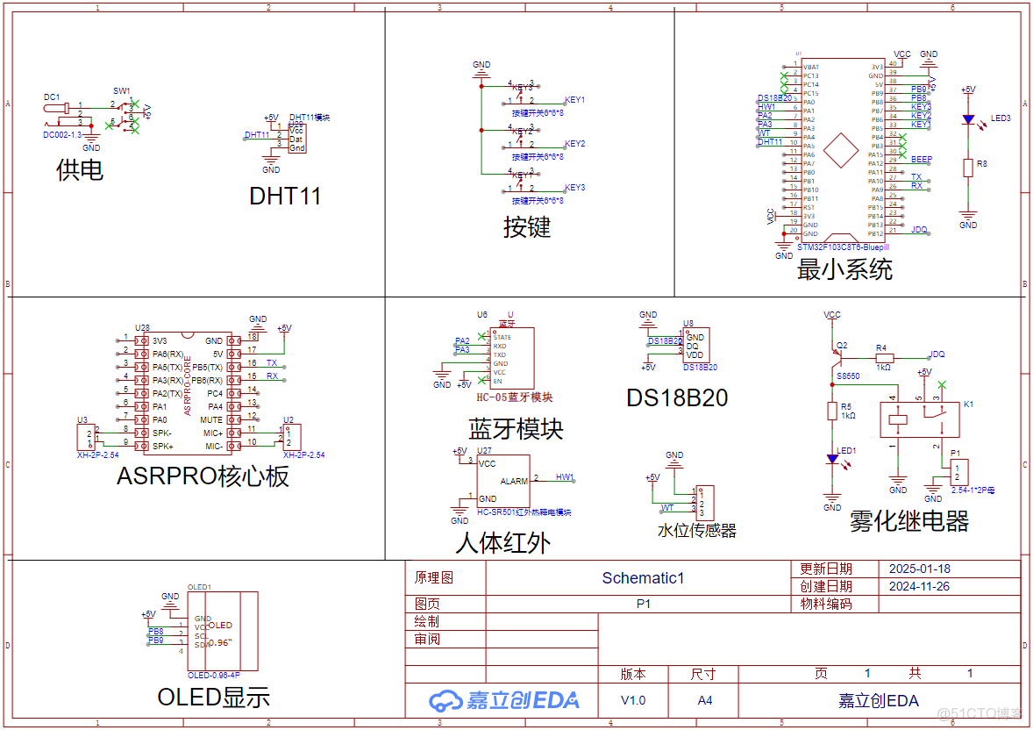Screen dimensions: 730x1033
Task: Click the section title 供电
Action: tap(80, 169)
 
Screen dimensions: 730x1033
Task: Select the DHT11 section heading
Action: tap(285, 196)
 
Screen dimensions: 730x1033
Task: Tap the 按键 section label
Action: tap(526, 227)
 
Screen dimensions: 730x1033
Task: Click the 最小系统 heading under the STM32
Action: tap(844, 269)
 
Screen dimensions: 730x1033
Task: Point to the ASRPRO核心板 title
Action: tap(203, 476)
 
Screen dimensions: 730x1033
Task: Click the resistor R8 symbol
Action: tap(968, 168)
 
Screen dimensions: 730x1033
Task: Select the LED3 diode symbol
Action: tap(968, 119)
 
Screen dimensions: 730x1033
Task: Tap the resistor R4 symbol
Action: tap(884, 358)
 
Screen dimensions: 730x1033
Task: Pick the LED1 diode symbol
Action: tap(832, 459)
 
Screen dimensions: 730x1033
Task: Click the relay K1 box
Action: tap(919, 420)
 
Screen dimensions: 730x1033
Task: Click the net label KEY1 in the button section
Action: tap(574, 100)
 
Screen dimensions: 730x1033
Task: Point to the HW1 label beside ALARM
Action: tap(565, 477)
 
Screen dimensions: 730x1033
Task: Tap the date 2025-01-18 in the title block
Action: tap(919, 569)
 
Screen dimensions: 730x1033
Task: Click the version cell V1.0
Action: tap(632, 700)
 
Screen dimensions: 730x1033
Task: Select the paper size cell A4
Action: tap(703, 700)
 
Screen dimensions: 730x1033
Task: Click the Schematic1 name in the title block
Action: tap(642, 578)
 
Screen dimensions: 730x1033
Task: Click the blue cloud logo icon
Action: tap(445, 700)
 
